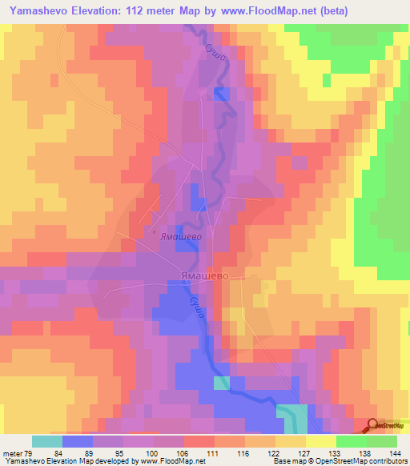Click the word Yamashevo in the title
[x=36, y=11]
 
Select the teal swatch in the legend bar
[x=46, y=440]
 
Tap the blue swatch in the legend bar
[x=78, y=440]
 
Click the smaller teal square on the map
[x=221, y=383]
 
